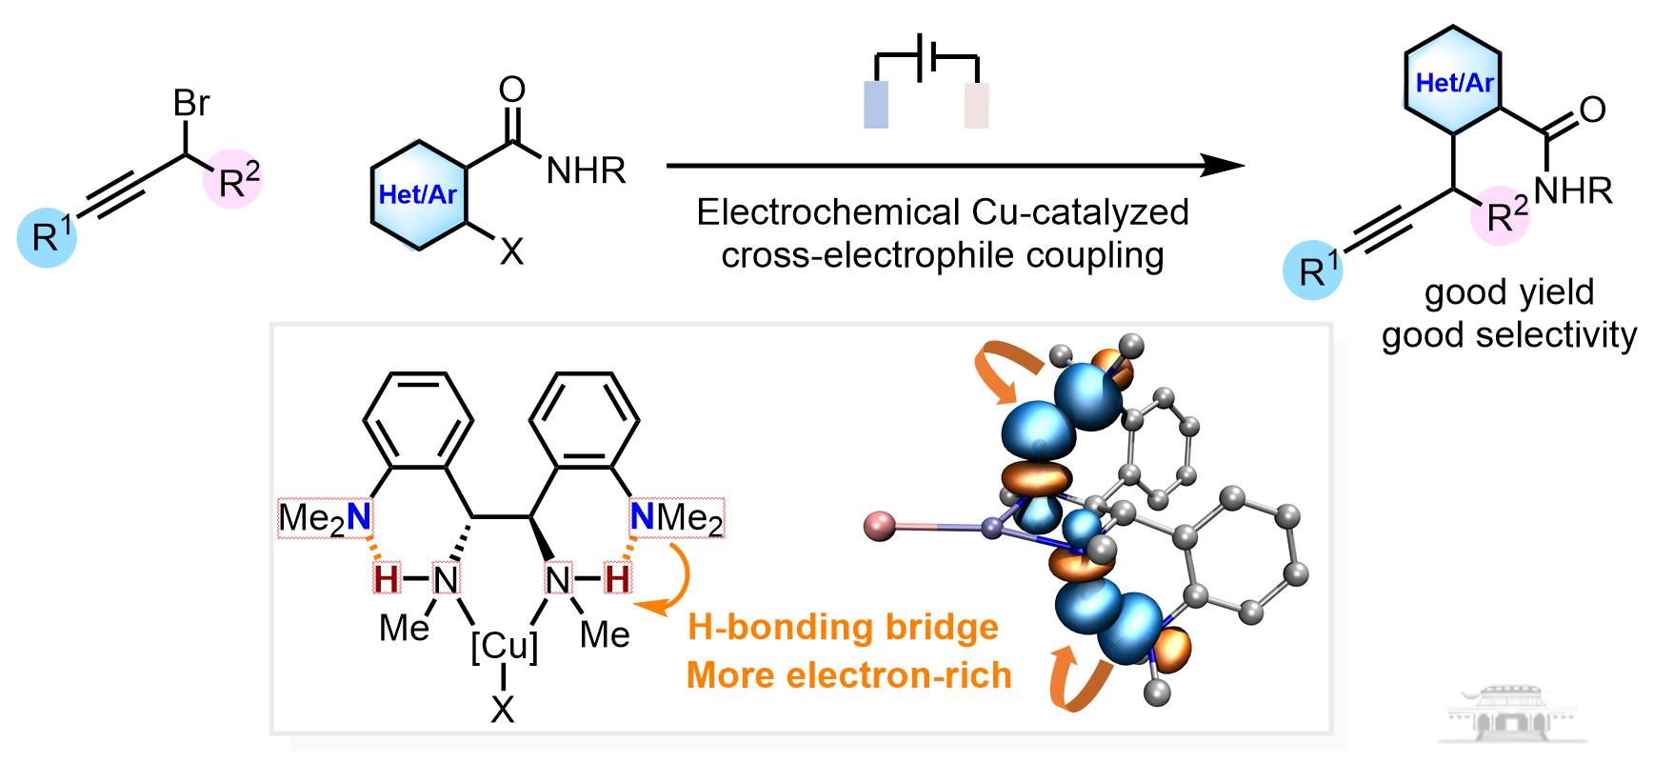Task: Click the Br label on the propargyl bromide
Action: click(191, 103)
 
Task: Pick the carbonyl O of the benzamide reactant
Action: click(512, 90)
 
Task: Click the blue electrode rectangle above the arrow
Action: click(875, 105)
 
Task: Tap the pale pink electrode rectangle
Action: click(977, 105)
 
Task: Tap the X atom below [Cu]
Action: click(503, 708)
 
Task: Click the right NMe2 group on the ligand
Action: click(677, 519)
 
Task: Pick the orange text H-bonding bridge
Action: click(843, 627)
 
